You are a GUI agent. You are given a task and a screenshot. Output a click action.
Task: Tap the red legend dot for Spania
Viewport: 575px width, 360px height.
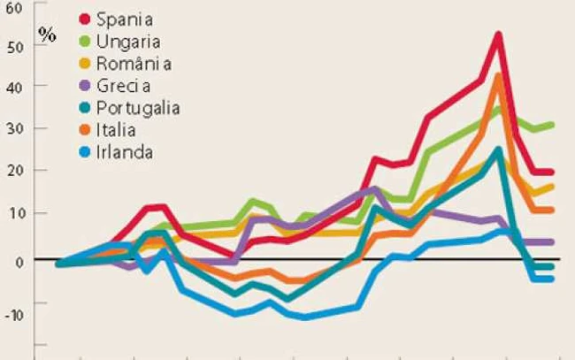(86, 19)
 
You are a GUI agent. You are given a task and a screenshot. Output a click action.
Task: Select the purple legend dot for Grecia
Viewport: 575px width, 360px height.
(86, 86)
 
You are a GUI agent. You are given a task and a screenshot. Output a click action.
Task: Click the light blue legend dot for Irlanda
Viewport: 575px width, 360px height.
(86, 152)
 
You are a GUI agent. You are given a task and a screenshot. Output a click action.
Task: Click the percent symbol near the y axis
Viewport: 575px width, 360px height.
(46, 35)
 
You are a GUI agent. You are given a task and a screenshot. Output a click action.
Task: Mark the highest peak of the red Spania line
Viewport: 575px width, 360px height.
(499, 35)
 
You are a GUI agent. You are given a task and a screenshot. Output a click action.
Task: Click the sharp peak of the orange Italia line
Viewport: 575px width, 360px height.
(499, 77)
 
